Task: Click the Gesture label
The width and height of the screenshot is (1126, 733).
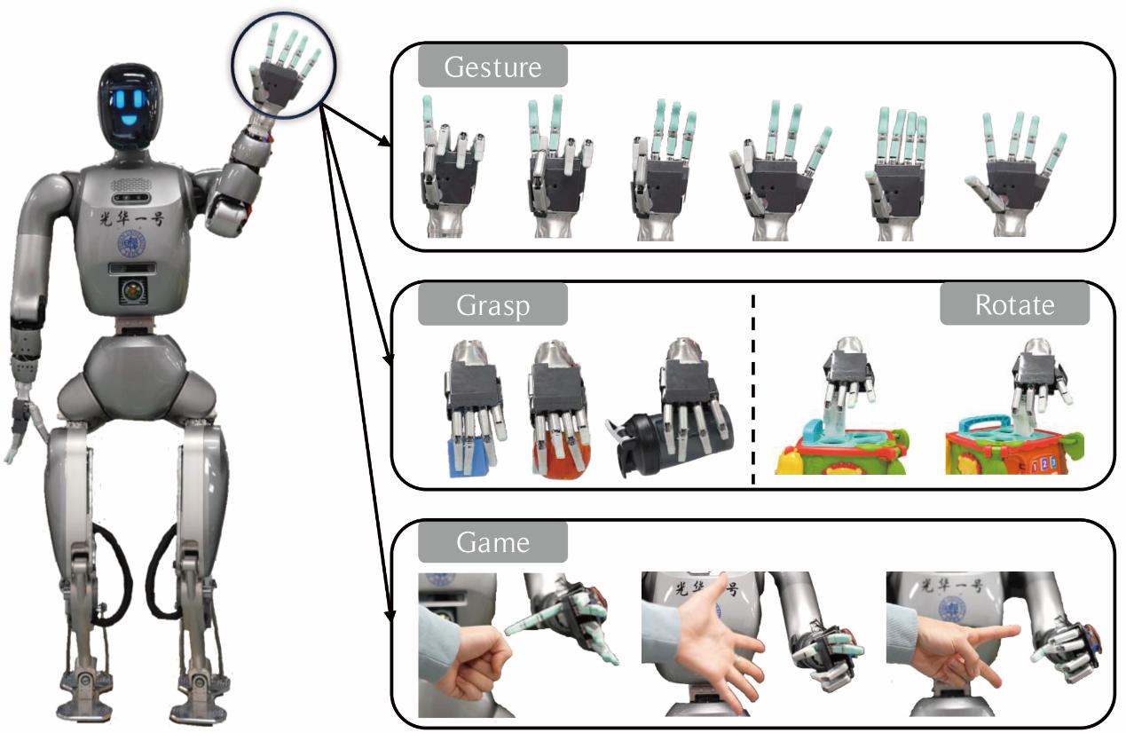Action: point(492,67)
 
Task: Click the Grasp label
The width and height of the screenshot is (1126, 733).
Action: point(492,305)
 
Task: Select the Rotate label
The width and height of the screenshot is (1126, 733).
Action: point(1014,305)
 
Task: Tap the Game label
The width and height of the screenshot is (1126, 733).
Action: point(492,541)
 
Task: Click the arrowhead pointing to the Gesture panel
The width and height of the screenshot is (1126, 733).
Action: point(383,143)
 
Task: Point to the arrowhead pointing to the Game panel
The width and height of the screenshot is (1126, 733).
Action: point(388,613)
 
